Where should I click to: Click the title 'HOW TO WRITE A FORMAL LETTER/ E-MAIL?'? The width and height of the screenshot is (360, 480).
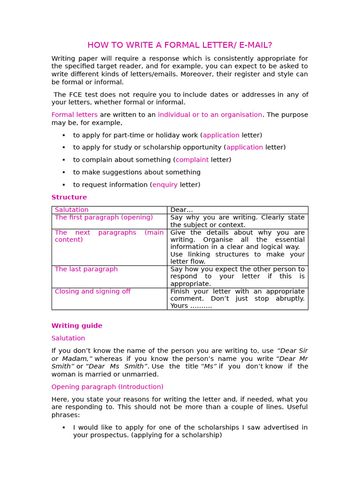pos(180,45)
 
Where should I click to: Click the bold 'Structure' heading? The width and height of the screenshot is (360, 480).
pos(69,197)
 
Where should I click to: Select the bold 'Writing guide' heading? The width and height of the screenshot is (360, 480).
pos(76,326)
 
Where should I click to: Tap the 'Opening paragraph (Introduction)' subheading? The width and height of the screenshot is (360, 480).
pos(107,387)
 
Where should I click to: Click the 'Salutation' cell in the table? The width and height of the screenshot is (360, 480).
pos(72,210)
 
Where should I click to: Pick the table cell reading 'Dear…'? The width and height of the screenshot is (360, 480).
pos(181,210)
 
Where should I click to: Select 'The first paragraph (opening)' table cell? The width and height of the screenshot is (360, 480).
pos(104,217)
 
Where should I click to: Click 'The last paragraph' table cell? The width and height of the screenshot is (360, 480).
pos(86,269)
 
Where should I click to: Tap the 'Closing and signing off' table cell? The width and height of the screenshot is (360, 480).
pos(92,292)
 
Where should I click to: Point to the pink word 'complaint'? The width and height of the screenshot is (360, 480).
pos(192,160)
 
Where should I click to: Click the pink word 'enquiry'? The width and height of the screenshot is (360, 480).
pos(165,185)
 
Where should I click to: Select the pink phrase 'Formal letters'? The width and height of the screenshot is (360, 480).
pos(75,115)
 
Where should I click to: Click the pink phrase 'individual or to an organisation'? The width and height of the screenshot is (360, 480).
pos(210,115)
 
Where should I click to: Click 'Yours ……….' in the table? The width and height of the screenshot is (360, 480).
pos(191,306)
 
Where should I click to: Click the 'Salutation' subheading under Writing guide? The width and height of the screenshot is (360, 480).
pos(68,338)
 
